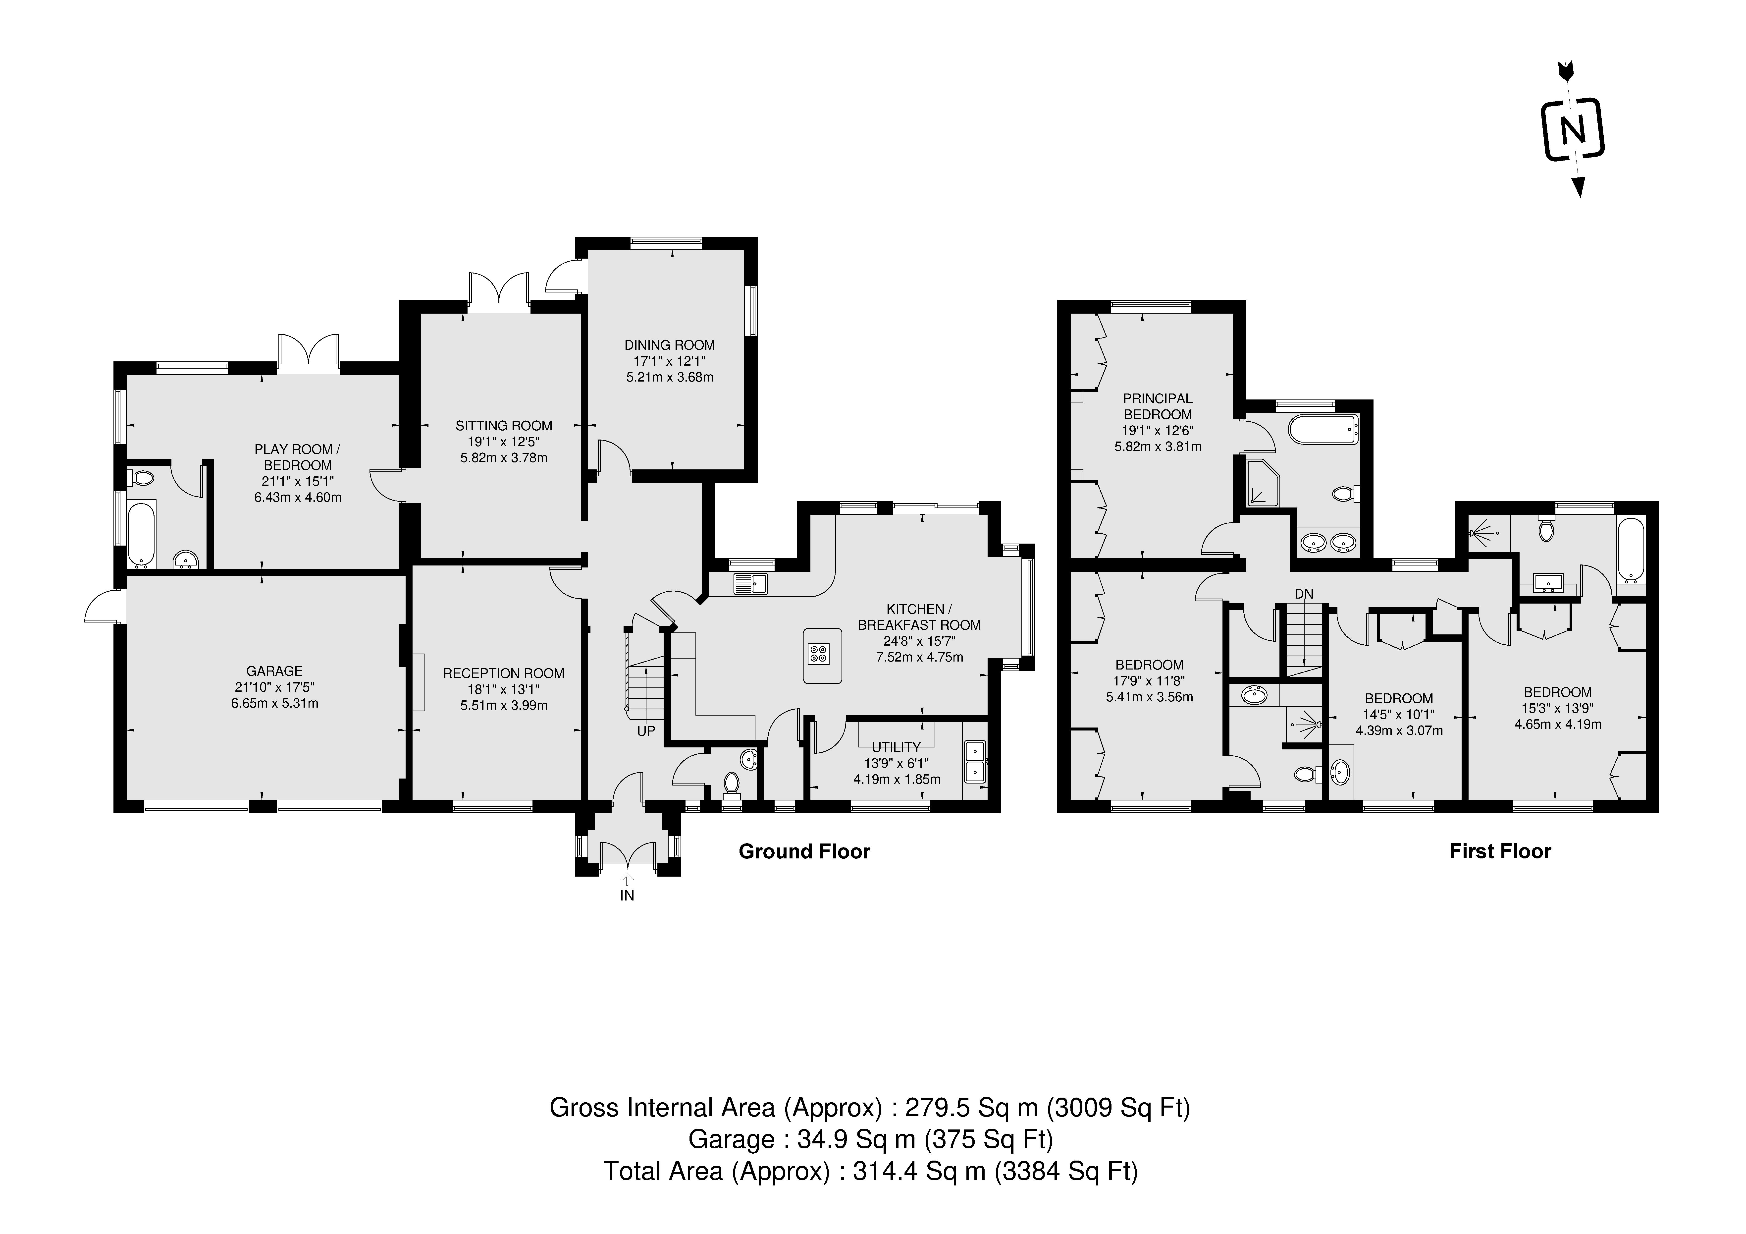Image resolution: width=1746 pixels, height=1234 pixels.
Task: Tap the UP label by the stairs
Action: click(x=646, y=731)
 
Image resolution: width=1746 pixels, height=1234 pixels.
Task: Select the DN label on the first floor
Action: click(x=1303, y=593)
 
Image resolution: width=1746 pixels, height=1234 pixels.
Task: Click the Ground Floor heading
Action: click(x=804, y=851)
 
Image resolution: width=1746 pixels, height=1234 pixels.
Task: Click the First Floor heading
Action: click(x=1500, y=851)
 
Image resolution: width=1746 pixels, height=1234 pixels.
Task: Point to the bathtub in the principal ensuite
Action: click(x=1323, y=429)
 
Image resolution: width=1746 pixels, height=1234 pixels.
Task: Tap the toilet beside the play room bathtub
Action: click(x=142, y=478)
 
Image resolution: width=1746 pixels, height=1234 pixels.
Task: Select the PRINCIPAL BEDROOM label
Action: click(x=1158, y=406)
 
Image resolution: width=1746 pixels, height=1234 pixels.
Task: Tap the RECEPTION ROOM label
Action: click(x=503, y=673)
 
